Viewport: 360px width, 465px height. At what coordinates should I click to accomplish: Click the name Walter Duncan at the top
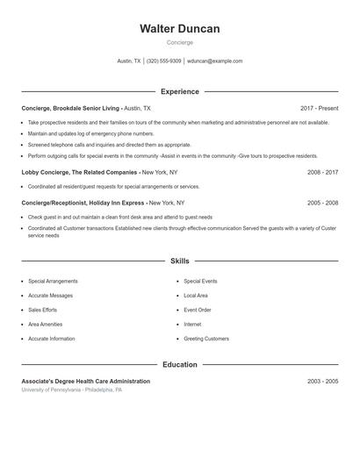click(x=179, y=29)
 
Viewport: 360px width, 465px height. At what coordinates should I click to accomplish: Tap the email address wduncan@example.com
click(x=214, y=61)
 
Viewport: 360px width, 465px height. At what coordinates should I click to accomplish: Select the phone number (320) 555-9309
click(x=164, y=61)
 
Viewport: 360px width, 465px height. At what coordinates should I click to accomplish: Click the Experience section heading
click(x=179, y=91)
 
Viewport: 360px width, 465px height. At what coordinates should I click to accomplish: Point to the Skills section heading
click(x=179, y=261)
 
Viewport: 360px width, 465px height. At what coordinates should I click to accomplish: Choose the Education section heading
click(x=179, y=365)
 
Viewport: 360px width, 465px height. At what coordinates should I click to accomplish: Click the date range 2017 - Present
click(x=319, y=108)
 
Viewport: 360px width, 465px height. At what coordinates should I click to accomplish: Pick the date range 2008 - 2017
click(x=322, y=173)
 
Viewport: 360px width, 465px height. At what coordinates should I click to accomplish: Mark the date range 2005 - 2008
click(x=322, y=203)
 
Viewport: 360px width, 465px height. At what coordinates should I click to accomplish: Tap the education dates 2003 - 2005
click(x=322, y=382)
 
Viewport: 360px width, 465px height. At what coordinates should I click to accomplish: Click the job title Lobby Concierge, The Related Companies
click(x=80, y=173)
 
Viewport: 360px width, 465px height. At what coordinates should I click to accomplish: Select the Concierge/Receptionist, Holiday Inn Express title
click(x=83, y=203)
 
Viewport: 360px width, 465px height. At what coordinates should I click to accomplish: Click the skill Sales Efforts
click(x=42, y=310)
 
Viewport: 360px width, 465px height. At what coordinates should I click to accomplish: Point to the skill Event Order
click(x=197, y=310)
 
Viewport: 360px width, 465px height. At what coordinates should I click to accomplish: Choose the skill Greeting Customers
click(x=205, y=339)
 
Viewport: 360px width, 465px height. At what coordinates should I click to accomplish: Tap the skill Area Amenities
click(x=47, y=324)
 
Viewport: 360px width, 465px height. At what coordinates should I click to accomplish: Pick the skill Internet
click(x=192, y=324)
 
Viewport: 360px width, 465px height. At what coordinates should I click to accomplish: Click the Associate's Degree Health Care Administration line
click(x=85, y=382)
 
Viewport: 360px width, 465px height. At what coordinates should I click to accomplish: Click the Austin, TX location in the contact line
click(x=129, y=61)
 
